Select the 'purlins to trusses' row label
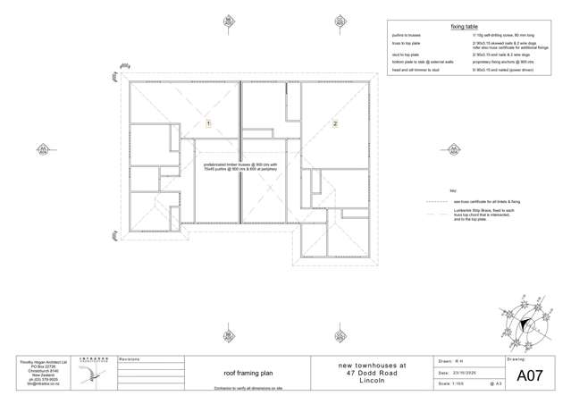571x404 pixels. click(407, 35)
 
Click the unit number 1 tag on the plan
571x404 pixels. click(208, 123)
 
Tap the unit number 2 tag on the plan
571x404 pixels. click(335, 123)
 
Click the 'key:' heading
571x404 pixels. click(453, 191)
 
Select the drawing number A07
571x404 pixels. click(530, 376)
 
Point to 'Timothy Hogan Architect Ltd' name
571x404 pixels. click(37, 362)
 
